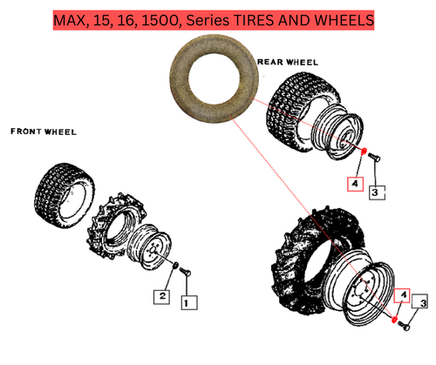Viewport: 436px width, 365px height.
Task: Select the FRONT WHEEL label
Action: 43,132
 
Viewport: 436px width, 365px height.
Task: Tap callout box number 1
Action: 188,301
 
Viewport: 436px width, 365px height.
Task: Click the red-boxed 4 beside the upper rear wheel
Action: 355,184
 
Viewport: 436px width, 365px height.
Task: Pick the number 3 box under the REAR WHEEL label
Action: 375,190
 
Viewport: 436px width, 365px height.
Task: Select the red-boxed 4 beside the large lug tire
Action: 403,296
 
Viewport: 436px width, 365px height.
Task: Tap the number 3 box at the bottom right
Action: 423,303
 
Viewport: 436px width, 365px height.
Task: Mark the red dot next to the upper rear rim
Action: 362,152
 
